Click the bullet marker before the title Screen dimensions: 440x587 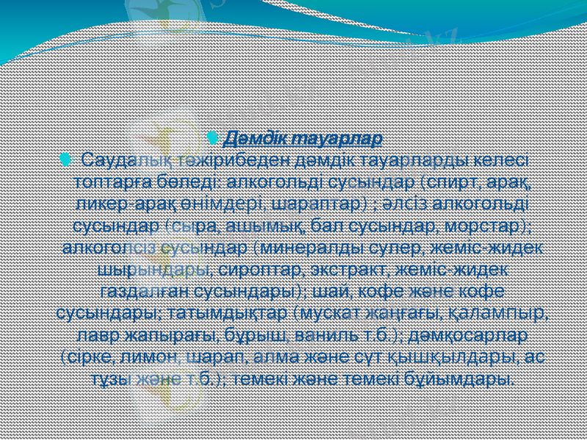(212, 137)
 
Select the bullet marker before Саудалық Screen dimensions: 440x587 (68, 158)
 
